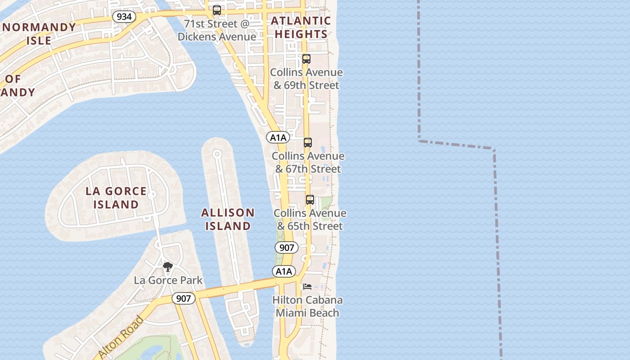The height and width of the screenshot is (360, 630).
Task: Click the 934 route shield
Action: click(124, 17)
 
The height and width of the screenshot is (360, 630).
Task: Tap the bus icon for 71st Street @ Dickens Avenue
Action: click(217, 10)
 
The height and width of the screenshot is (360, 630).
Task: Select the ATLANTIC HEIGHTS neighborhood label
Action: click(301, 27)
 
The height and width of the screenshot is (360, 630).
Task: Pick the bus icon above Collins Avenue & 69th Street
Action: click(306, 59)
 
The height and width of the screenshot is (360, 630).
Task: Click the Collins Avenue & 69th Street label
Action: click(306, 79)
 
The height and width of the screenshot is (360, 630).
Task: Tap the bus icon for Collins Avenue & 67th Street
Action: click(308, 143)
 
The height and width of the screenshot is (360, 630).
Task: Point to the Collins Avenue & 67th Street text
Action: click(308, 162)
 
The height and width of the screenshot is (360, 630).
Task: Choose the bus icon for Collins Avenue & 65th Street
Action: click(310, 200)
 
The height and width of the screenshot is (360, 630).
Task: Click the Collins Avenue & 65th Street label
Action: click(310, 220)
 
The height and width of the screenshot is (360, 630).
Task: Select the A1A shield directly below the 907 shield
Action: click(283, 271)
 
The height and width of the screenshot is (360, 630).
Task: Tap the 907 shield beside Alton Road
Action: click(184, 298)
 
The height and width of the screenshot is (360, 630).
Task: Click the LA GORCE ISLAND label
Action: click(116, 198)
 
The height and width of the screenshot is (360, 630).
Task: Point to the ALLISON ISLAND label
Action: click(228, 219)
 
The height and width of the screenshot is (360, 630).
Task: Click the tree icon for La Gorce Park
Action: click(168, 267)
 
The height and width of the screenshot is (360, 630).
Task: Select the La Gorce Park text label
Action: click(168, 280)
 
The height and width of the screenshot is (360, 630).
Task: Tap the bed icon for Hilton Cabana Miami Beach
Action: click(307, 287)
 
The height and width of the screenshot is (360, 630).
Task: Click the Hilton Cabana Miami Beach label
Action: click(307, 306)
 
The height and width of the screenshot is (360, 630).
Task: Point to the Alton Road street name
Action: click(121, 337)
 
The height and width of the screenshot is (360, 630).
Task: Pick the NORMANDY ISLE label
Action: click(39, 34)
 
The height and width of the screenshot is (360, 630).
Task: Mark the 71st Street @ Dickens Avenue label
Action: click(217, 30)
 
